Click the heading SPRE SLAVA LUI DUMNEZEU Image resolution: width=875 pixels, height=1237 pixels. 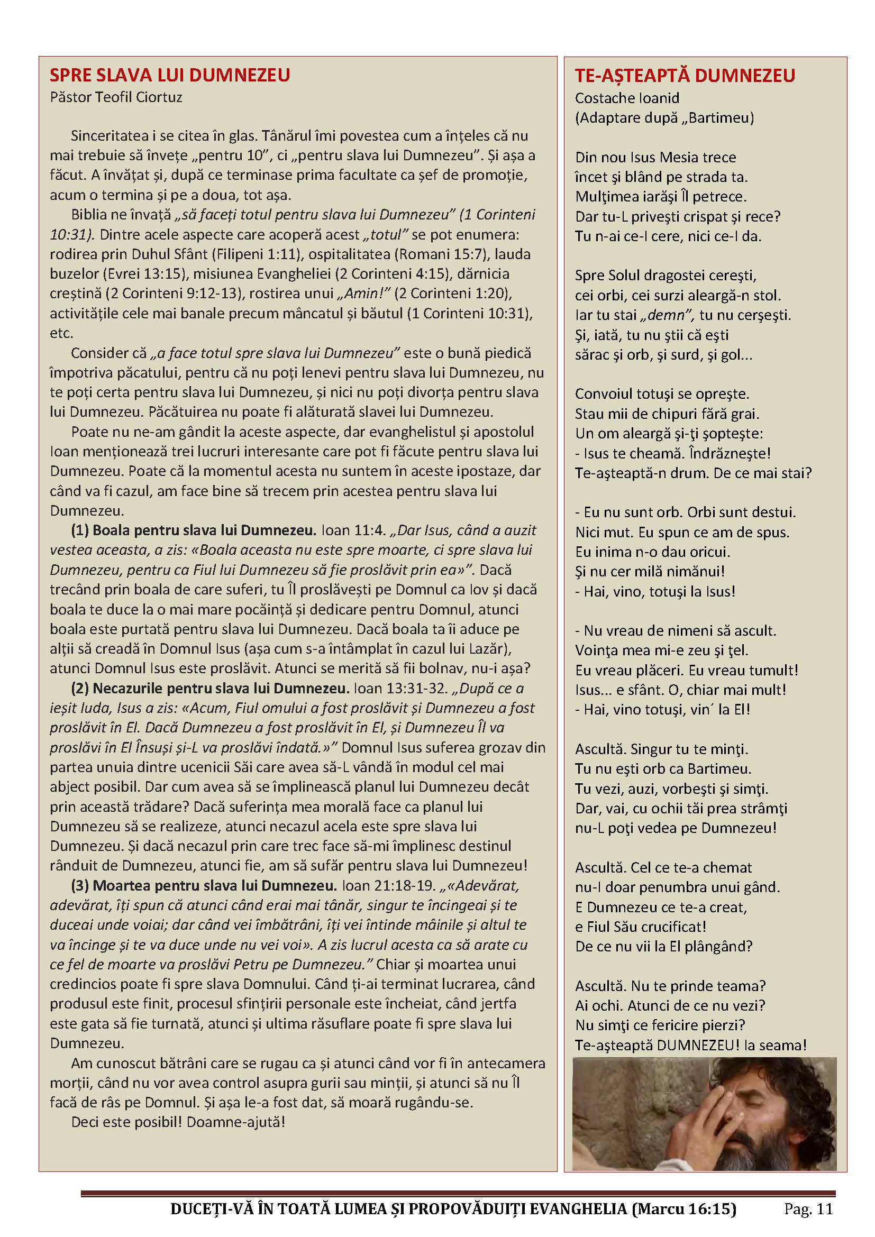[x=170, y=75]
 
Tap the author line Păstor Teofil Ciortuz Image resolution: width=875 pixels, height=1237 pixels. [x=116, y=97]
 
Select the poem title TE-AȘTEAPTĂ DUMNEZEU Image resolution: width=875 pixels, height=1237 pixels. [x=685, y=76]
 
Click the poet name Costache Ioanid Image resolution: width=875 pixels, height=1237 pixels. [x=626, y=98]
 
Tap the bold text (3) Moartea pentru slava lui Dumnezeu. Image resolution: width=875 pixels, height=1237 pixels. [x=204, y=886]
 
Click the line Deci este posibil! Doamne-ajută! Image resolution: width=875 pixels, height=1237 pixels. [x=178, y=1123]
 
